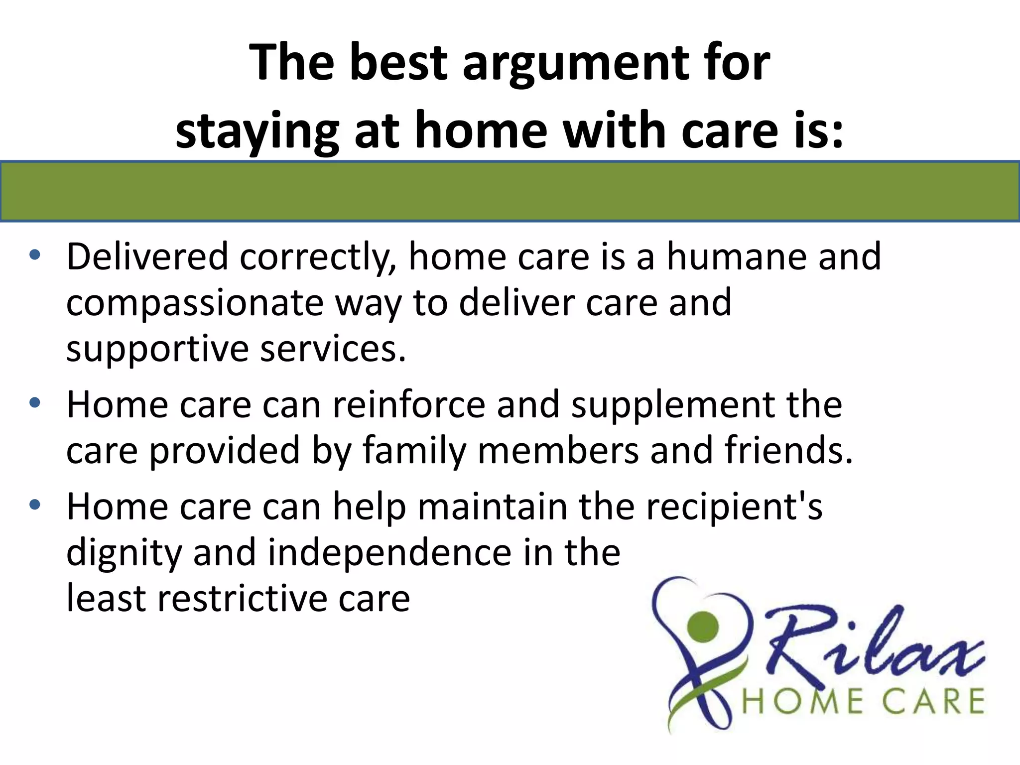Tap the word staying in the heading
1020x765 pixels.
pos(257,130)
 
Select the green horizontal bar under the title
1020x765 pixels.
pos(510,191)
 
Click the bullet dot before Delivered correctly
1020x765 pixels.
pos(34,255)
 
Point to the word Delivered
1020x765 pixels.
pos(147,257)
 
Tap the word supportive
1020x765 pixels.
pos(157,350)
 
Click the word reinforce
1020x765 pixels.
pos(408,404)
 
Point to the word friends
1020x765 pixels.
pos(788,450)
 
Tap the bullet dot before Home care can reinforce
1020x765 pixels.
pos(34,403)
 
